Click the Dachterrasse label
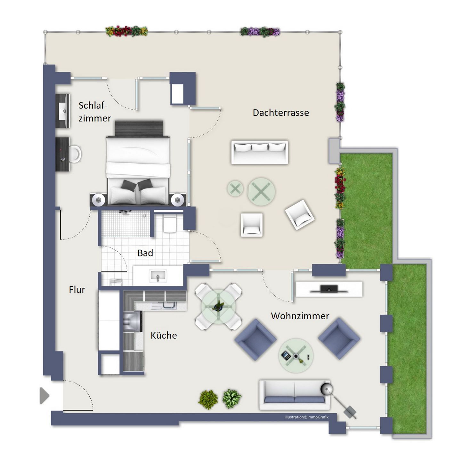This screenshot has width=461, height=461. [x=281, y=113]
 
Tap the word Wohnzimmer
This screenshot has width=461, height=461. [x=300, y=316]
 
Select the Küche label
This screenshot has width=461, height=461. [x=164, y=336]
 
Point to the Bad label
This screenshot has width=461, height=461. [x=145, y=253]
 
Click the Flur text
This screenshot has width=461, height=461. [x=77, y=290]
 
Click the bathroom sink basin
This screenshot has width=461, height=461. [x=158, y=276]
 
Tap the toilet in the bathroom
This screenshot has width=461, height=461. [x=169, y=223]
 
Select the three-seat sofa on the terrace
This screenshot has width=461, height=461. [x=260, y=152]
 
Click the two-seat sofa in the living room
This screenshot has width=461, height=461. [x=295, y=395]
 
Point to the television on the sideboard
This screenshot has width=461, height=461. [x=329, y=289]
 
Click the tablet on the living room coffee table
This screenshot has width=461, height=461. [x=286, y=355]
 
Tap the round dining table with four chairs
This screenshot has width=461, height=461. [x=218, y=307]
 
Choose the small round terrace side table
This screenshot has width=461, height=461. [x=235, y=189]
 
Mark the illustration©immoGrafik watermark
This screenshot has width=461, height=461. [x=306, y=417]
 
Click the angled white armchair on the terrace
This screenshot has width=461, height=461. [x=300, y=214]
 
